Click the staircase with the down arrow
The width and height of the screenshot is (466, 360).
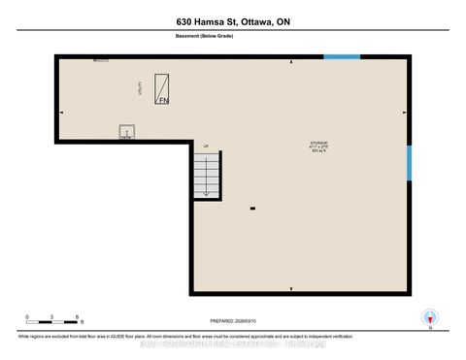tap(206, 176)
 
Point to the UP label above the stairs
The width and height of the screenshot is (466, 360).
tap(206, 146)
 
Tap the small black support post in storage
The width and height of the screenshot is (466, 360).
tap(252, 209)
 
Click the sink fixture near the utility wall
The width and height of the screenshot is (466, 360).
tap(125, 132)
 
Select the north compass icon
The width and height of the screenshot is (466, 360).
tap(428, 318)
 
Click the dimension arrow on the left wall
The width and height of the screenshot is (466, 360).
tap(61, 113)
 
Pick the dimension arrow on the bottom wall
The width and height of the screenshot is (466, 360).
tap(292, 289)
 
